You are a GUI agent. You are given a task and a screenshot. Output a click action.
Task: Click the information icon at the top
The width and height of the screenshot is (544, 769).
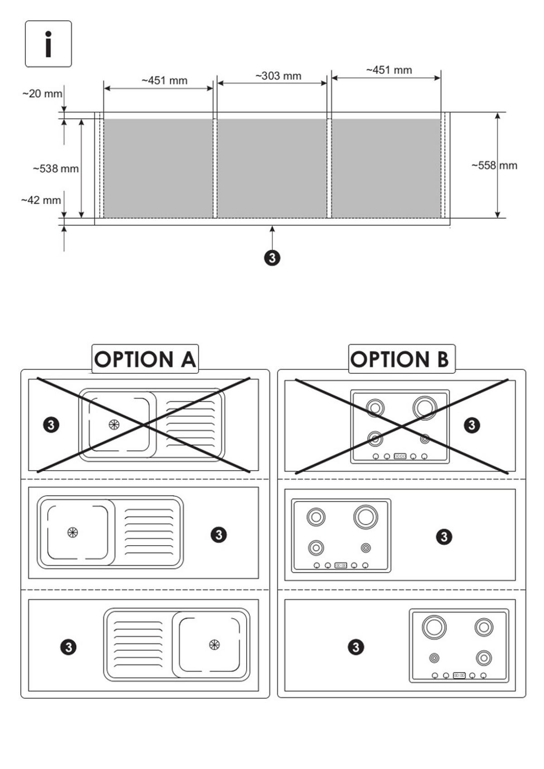pos(49,44)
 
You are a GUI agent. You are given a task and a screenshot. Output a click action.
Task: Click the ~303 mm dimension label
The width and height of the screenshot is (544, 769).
pos(278,76)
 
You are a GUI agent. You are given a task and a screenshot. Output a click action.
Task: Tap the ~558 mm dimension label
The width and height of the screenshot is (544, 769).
pos(495,165)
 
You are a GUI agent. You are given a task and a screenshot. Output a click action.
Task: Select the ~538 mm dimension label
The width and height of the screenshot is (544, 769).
pos(56,168)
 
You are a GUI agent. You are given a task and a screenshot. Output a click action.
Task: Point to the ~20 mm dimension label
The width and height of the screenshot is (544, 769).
pos(42,93)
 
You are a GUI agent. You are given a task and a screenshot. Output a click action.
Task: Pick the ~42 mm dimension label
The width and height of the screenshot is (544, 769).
pos(41,200)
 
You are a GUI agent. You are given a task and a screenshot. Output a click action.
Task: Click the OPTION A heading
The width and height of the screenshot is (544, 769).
pos(145,359)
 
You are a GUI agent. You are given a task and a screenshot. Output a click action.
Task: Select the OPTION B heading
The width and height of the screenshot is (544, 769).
pos(400,359)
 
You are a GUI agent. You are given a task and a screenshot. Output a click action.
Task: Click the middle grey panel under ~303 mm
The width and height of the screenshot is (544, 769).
pos(272,168)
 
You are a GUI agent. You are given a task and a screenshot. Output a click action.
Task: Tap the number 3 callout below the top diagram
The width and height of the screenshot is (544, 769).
pos(272,258)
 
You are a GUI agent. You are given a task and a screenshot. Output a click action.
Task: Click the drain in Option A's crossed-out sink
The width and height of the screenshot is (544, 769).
pos(114,425)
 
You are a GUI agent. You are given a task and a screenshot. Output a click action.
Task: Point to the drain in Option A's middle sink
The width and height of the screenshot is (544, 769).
pos(73,533)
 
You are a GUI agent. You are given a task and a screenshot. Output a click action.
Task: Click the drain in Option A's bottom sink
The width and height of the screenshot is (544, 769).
pos(214,644)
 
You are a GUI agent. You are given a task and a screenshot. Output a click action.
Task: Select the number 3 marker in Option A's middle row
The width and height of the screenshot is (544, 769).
pos(219,534)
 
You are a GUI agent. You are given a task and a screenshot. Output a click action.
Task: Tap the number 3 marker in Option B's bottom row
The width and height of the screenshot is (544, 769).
pos(356,647)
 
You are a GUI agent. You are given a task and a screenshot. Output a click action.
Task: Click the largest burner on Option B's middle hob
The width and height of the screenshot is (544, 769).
pos(366,517)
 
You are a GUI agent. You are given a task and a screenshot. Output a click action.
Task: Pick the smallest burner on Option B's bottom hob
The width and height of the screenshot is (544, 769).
pos(434,658)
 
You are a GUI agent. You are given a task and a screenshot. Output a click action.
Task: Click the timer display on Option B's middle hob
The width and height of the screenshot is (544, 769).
pos(341,565)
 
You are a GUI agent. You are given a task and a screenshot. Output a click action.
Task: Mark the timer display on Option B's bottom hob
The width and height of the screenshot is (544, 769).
pos(459,675)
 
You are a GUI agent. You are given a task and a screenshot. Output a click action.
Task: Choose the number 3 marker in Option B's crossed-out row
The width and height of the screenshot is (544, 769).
pos(472,425)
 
